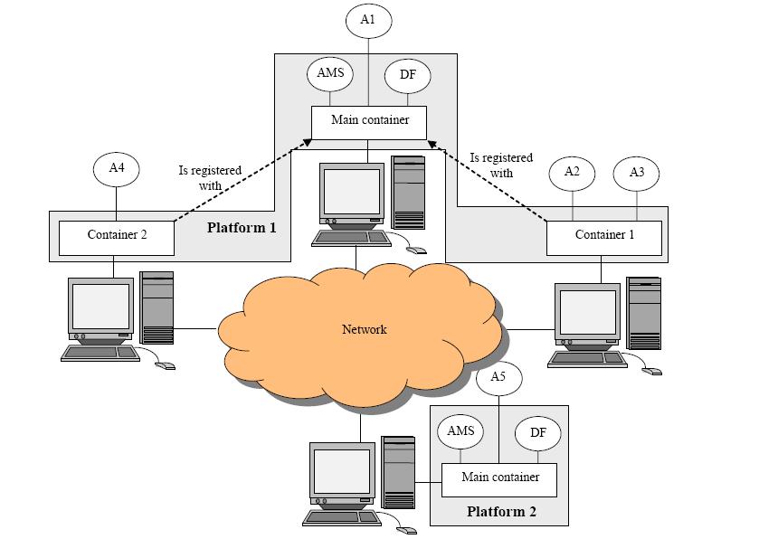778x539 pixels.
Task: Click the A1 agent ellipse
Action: (368, 18)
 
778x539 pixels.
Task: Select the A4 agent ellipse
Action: (117, 167)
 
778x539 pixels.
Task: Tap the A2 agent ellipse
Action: (572, 172)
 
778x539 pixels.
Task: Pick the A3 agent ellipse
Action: (636, 172)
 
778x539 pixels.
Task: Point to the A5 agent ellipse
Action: (498, 377)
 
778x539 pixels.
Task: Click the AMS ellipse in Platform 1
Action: (330, 73)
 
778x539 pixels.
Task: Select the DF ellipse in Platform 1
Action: (407, 75)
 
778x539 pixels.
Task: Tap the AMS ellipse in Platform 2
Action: (460, 430)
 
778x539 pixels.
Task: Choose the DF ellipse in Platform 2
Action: (538, 433)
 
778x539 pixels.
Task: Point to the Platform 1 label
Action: (242, 227)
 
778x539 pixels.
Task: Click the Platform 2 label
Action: (501, 512)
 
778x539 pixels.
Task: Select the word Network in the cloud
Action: (364, 329)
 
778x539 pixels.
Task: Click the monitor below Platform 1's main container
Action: (353, 194)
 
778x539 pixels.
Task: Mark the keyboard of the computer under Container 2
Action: (100, 353)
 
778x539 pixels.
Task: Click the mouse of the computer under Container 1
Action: (651, 370)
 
